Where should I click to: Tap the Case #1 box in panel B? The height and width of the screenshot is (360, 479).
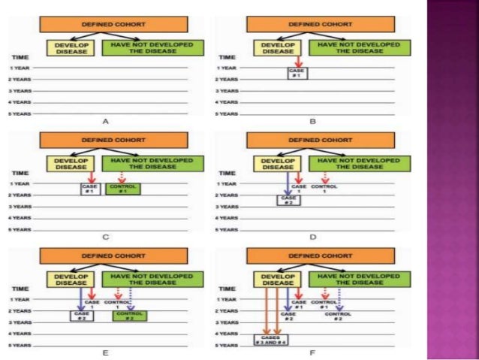click(x=296, y=72)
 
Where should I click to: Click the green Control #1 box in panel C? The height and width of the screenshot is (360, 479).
click(x=122, y=190)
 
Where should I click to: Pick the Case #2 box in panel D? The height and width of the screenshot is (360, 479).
click(x=285, y=201)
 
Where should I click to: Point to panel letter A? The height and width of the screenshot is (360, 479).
click(x=106, y=120)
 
